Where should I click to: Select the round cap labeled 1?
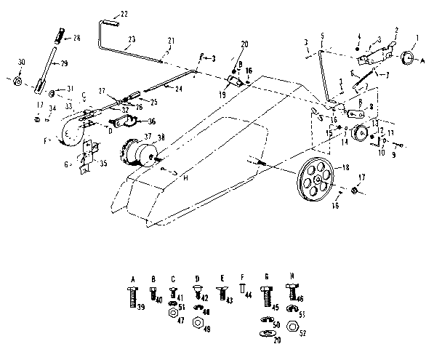(x=407, y=58)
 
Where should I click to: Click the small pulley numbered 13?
(x=357, y=135)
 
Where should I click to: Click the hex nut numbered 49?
(x=196, y=324)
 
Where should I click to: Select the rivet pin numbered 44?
(x=242, y=292)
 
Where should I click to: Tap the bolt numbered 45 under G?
(x=267, y=297)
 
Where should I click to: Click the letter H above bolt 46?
(x=292, y=278)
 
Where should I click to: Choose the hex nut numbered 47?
(x=173, y=313)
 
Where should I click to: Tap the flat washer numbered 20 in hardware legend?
(x=267, y=333)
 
